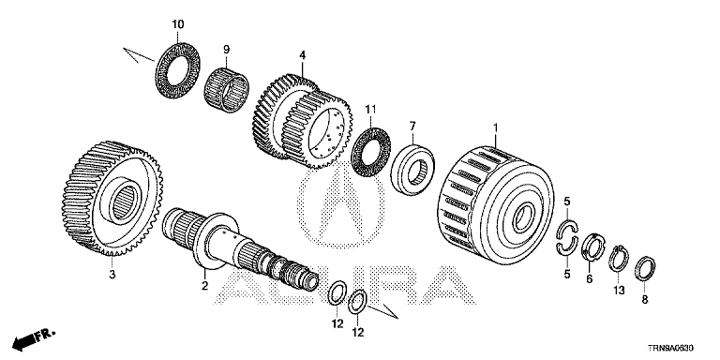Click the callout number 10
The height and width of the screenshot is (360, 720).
click(x=178, y=23)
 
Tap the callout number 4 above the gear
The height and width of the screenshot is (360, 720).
click(x=302, y=55)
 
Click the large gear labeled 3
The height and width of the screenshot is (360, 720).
click(x=113, y=199)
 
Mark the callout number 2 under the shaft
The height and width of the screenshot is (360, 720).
click(x=204, y=286)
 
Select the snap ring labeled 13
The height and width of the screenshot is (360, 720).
click(x=619, y=258)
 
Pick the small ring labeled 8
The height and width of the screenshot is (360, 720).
click(x=645, y=269)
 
